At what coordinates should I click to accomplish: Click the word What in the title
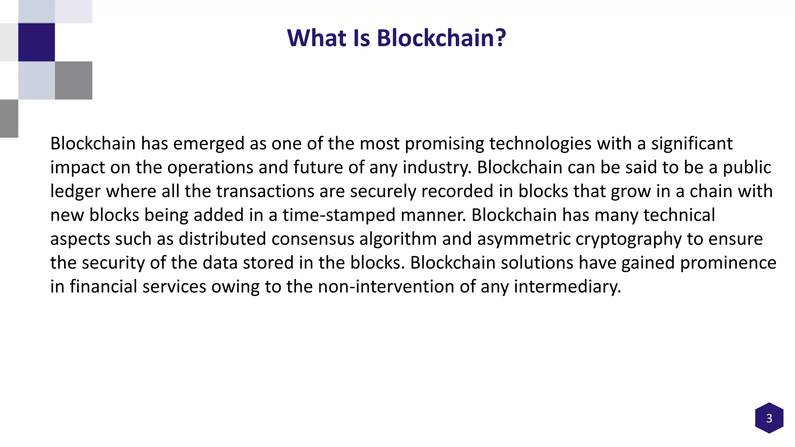tap(316, 38)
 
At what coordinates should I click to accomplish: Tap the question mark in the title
tap(500, 38)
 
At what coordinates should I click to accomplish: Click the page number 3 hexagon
tap(769, 418)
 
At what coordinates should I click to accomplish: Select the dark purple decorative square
tap(36, 42)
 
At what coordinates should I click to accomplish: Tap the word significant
tap(692, 144)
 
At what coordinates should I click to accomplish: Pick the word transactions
tap(265, 191)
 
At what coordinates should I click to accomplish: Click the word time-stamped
tap(338, 215)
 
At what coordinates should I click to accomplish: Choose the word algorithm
tap(398, 239)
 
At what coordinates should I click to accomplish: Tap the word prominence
tap(728, 263)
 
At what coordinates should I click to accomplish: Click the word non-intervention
tap(386, 287)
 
